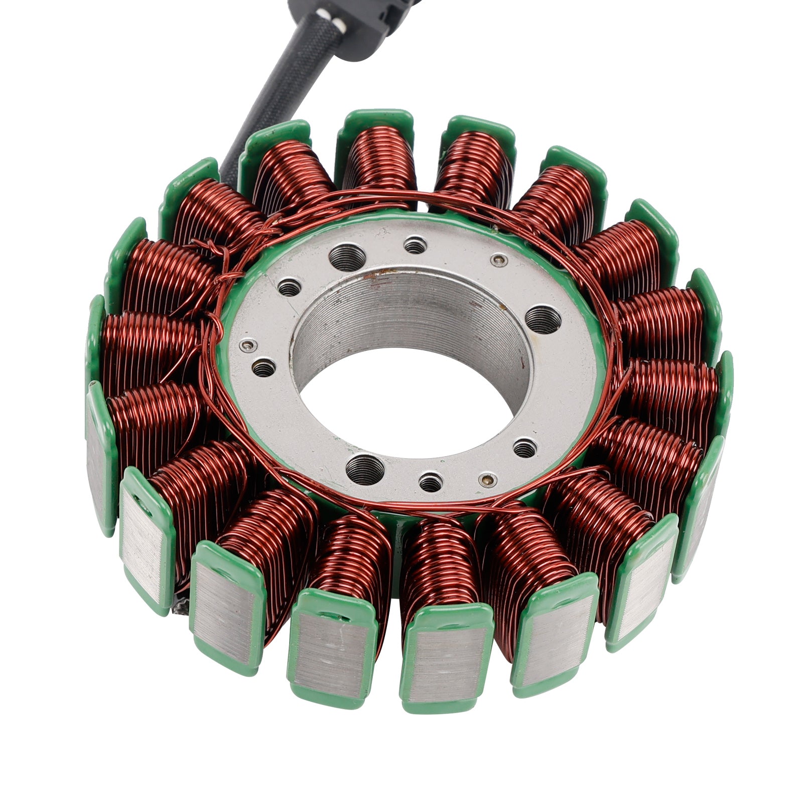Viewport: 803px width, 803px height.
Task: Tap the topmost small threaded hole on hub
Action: pos(416,246)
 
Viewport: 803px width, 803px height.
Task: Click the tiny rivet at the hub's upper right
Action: pos(497,260)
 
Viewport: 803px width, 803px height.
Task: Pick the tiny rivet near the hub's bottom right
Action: pos(485,479)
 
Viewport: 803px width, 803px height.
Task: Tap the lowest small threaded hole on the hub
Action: pos(431,483)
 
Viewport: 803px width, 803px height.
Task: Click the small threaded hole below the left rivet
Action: pos(264,368)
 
